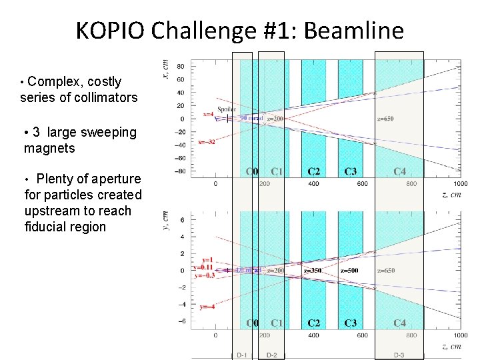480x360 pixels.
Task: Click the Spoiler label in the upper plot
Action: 226,109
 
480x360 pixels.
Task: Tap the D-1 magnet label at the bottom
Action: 242,355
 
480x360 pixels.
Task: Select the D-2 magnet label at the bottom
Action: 271,355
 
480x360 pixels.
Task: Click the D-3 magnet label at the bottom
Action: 399,355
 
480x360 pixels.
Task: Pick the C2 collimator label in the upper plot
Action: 313,171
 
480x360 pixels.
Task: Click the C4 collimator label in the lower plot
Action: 399,323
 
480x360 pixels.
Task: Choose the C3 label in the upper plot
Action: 350,171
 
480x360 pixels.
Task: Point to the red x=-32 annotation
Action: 207,142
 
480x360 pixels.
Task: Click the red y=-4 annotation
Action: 207,307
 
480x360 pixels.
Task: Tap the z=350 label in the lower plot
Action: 312,271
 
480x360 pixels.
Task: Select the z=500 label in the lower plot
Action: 349,271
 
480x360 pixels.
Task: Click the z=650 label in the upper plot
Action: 385,119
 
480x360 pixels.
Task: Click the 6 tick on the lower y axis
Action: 183,219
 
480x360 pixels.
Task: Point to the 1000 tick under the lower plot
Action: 459,335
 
